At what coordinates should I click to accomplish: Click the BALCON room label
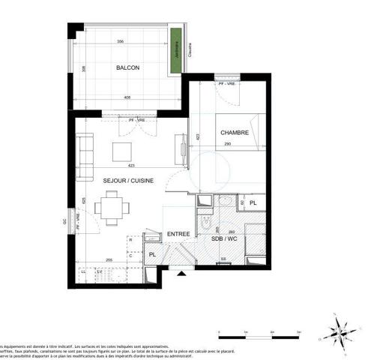point(127,68)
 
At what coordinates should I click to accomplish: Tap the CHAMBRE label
point(235,133)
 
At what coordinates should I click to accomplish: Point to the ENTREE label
point(178,233)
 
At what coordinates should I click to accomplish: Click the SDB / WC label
point(225,238)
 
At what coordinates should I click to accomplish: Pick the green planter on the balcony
point(176,52)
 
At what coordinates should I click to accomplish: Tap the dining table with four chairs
point(112,207)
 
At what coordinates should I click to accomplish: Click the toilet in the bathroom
point(206,223)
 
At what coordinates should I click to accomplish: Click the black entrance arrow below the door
point(180,274)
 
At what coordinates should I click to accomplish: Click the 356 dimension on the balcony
point(121,41)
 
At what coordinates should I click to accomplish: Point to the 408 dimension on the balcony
point(128,97)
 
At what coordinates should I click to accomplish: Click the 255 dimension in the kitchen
point(109,259)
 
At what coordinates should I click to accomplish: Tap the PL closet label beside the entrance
point(152,254)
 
